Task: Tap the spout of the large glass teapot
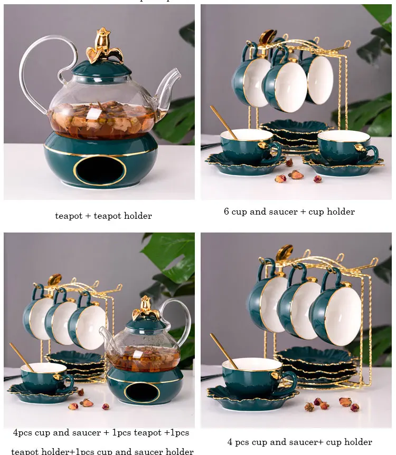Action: tap(169, 87)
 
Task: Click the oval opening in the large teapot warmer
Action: tap(100, 171)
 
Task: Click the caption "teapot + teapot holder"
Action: tap(103, 216)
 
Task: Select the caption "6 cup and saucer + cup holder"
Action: tap(289, 211)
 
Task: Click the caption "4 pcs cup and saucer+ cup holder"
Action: tap(299, 442)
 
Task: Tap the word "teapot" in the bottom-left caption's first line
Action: tap(148, 432)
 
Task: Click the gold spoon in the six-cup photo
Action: tap(224, 122)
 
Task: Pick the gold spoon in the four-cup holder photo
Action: tap(224, 350)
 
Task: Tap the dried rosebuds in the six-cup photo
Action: tap(296, 176)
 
